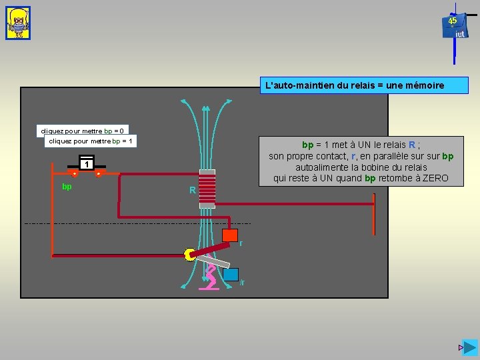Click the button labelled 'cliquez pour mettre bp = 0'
(x=83, y=131)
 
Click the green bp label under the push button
(x=67, y=187)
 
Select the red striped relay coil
(x=208, y=186)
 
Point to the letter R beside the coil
(x=192, y=191)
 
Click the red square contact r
(x=230, y=235)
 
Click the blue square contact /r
(x=231, y=274)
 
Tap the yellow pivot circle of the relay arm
(x=190, y=253)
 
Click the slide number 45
(x=453, y=21)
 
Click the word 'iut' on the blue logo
(x=459, y=35)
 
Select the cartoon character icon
(x=18, y=23)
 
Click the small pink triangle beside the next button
(x=460, y=348)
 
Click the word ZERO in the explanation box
(x=433, y=179)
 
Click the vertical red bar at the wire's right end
(x=375, y=215)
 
